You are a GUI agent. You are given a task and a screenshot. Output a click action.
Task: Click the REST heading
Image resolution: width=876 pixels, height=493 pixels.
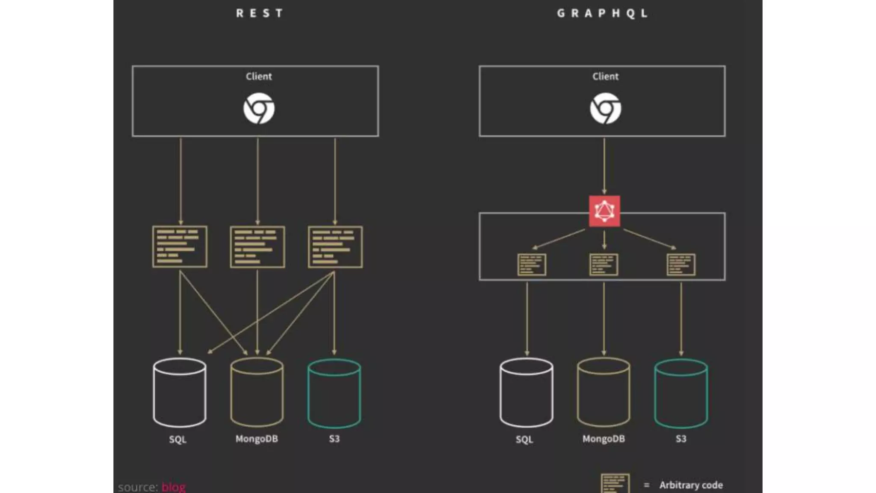(x=259, y=13)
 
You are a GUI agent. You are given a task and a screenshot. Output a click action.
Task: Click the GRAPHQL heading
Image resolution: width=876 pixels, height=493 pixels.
(x=602, y=13)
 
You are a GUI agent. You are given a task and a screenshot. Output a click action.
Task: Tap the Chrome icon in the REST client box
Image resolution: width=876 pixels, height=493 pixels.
(x=259, y=108)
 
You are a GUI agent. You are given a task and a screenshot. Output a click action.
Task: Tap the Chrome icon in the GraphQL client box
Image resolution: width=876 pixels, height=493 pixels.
(x=605, y=108)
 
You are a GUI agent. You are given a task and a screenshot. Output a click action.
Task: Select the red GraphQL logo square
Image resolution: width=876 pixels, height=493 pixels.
(x=604, y=211)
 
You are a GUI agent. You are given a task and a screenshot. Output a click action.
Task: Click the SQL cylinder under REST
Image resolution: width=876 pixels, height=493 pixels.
(x=180, y=392)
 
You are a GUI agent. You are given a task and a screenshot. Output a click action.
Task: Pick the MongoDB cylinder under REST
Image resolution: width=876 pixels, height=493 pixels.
(x=257, y=392)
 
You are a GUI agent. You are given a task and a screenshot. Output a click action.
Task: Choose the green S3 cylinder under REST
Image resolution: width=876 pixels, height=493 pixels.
(x=334, y=392)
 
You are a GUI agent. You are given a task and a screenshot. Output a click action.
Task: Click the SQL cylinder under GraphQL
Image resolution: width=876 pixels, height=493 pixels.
(x=526, y=392)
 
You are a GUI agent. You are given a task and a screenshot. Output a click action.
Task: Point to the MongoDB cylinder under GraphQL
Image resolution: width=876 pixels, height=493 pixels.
(x=604, y=392)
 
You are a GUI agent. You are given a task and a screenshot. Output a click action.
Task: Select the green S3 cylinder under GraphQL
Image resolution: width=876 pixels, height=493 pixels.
(x=681, y=392)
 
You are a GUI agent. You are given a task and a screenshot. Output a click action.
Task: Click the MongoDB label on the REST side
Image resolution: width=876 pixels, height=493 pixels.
(x=257, y=439)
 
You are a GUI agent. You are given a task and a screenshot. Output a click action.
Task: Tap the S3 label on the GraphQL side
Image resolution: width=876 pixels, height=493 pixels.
(x=681, y=439)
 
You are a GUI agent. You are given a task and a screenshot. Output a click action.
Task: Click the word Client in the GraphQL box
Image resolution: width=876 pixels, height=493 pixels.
(x=605, y=76)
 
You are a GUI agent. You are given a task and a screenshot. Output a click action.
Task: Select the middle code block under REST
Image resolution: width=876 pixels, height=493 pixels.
(x=257, y=247)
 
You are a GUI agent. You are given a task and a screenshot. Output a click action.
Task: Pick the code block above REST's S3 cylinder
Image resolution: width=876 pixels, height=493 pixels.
(x=335, y=247)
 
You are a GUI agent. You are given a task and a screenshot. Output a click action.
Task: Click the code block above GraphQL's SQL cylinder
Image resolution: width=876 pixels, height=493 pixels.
(x=531, y=264)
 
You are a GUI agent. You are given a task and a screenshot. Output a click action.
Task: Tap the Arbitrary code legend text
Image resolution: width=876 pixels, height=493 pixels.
(x=691, y=485)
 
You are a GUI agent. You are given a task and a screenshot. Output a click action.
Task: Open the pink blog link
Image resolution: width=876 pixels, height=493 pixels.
(x=174, y=487)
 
